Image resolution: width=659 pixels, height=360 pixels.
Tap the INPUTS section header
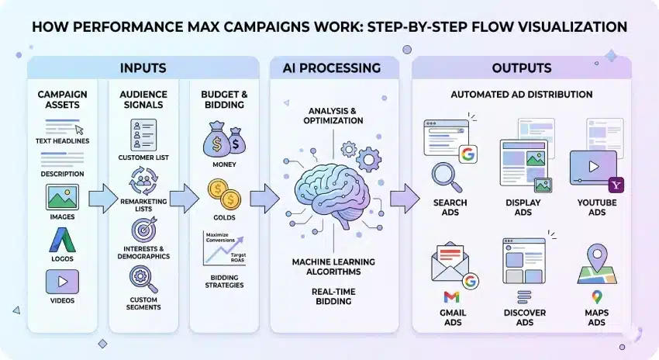pyautogui.click(x=143, y=68)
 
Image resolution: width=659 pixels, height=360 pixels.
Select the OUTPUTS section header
pyautogui.click(x=521, y=68)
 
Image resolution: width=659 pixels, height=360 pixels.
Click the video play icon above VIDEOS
pyautogui.click(x=62, y=281)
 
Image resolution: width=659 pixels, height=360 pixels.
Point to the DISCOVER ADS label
pyautogui.click(x=524, y=317)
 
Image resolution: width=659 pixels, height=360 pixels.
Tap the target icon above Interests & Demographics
pyautogui.click(x=143, y=230)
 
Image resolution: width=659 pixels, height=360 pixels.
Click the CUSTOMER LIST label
pyautogui.click(x=143, y=157)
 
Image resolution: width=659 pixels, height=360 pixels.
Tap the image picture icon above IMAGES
pyautogui.click(x=62, y=198)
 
